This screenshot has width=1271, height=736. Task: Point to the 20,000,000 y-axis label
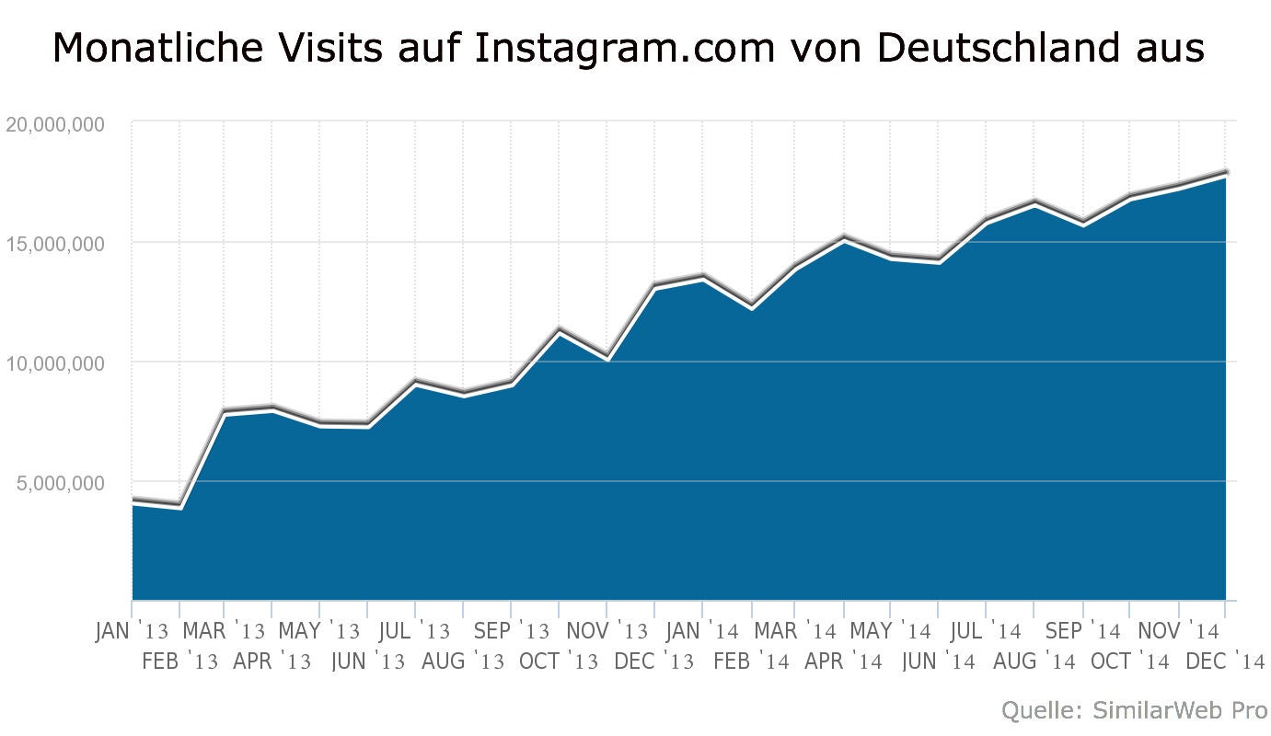tap(54, 124)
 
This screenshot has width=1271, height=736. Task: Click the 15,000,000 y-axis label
tap(54, 244)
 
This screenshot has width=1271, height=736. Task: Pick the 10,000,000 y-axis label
tap(54, 363)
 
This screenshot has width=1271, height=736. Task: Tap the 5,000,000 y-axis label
tap(60, 483)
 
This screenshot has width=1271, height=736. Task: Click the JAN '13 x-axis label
tap(133, 632)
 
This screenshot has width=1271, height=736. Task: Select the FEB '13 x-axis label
tap(180, 661)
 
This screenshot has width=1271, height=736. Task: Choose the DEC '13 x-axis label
tap(654, 661)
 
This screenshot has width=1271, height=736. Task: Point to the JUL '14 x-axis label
tap(986, 632)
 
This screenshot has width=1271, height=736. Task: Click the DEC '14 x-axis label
tap(1224, 661)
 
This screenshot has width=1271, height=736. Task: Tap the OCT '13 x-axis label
tap(559, 661)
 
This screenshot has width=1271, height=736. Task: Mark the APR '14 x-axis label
tap(843, 661)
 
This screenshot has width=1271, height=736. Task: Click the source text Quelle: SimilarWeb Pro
tap(1133, 710)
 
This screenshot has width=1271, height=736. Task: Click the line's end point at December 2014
tap(1226, 172)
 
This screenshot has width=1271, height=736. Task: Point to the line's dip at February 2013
tap(180, 504)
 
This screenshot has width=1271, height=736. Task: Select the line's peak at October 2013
tap(559, 328)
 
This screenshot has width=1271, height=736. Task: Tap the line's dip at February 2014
tap(751, 305)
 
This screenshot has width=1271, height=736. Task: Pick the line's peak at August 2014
tap(1034, 201)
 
